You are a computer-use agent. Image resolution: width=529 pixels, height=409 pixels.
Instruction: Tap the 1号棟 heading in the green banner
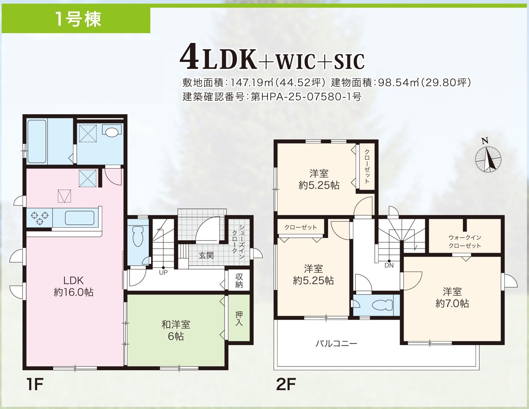[x=78, y=20]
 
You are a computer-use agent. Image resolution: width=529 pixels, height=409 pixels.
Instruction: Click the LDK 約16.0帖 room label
[x=73, y=286]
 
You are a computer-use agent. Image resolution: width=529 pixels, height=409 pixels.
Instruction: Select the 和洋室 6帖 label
[x=176, y=331]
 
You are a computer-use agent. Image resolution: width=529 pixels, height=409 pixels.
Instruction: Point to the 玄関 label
[x=206, y=255]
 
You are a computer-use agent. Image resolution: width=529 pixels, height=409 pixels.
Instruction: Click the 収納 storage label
[x=239, y=281]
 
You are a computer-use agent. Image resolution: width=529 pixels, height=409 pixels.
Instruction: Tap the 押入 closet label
[x=239, y=319]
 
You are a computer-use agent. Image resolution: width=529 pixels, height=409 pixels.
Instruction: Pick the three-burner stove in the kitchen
[x=39, y=218]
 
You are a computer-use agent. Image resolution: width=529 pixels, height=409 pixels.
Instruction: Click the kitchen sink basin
[x=80, y=218]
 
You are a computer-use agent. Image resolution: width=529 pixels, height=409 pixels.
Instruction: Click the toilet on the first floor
[x=138, y=236]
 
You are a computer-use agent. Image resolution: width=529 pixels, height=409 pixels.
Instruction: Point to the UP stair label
[x=163, y=272]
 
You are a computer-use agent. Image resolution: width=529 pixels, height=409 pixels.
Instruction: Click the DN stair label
[x=389, y=265]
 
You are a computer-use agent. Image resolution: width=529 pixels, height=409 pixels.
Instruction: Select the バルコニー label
[x=336, y=344]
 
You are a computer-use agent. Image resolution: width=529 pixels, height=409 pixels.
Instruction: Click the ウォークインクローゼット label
[x=465, y=241]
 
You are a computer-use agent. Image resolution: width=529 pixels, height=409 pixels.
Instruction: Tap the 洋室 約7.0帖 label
[x=452, y=298]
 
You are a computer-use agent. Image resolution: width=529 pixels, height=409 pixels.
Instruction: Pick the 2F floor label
[x=286, y=384]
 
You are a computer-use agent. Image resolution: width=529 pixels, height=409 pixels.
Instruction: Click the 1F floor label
[x=35, y=384]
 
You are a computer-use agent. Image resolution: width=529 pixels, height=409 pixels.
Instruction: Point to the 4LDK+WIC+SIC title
[x=272, y=60]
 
